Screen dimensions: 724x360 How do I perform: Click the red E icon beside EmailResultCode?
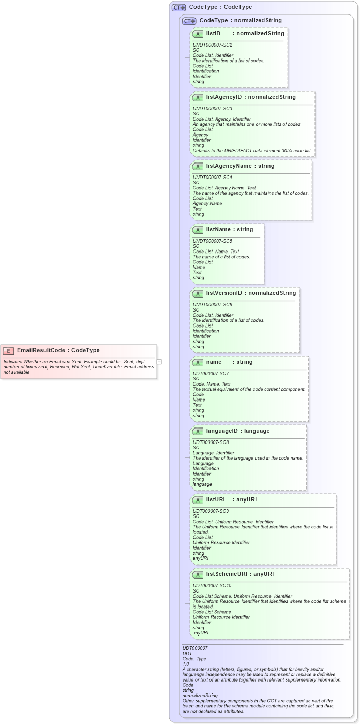8,350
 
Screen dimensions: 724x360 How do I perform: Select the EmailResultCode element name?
41,350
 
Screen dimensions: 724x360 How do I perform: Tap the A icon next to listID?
198,34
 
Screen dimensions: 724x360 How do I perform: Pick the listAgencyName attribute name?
228,166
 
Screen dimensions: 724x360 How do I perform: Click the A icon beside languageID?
198,431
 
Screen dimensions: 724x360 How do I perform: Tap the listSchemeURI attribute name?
228,574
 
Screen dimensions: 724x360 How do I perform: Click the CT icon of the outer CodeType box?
179,7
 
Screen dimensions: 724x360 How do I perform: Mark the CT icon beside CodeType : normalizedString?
189,21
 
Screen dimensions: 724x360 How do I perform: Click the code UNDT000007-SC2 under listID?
212,45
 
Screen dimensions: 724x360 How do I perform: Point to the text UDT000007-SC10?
211,585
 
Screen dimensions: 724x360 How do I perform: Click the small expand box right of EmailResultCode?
159,362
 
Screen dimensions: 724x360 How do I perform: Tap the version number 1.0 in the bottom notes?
186,663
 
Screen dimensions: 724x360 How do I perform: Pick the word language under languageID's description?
202,484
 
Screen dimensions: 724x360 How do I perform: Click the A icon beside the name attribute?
198,362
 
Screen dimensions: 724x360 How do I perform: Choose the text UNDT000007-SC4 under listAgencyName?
212,178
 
